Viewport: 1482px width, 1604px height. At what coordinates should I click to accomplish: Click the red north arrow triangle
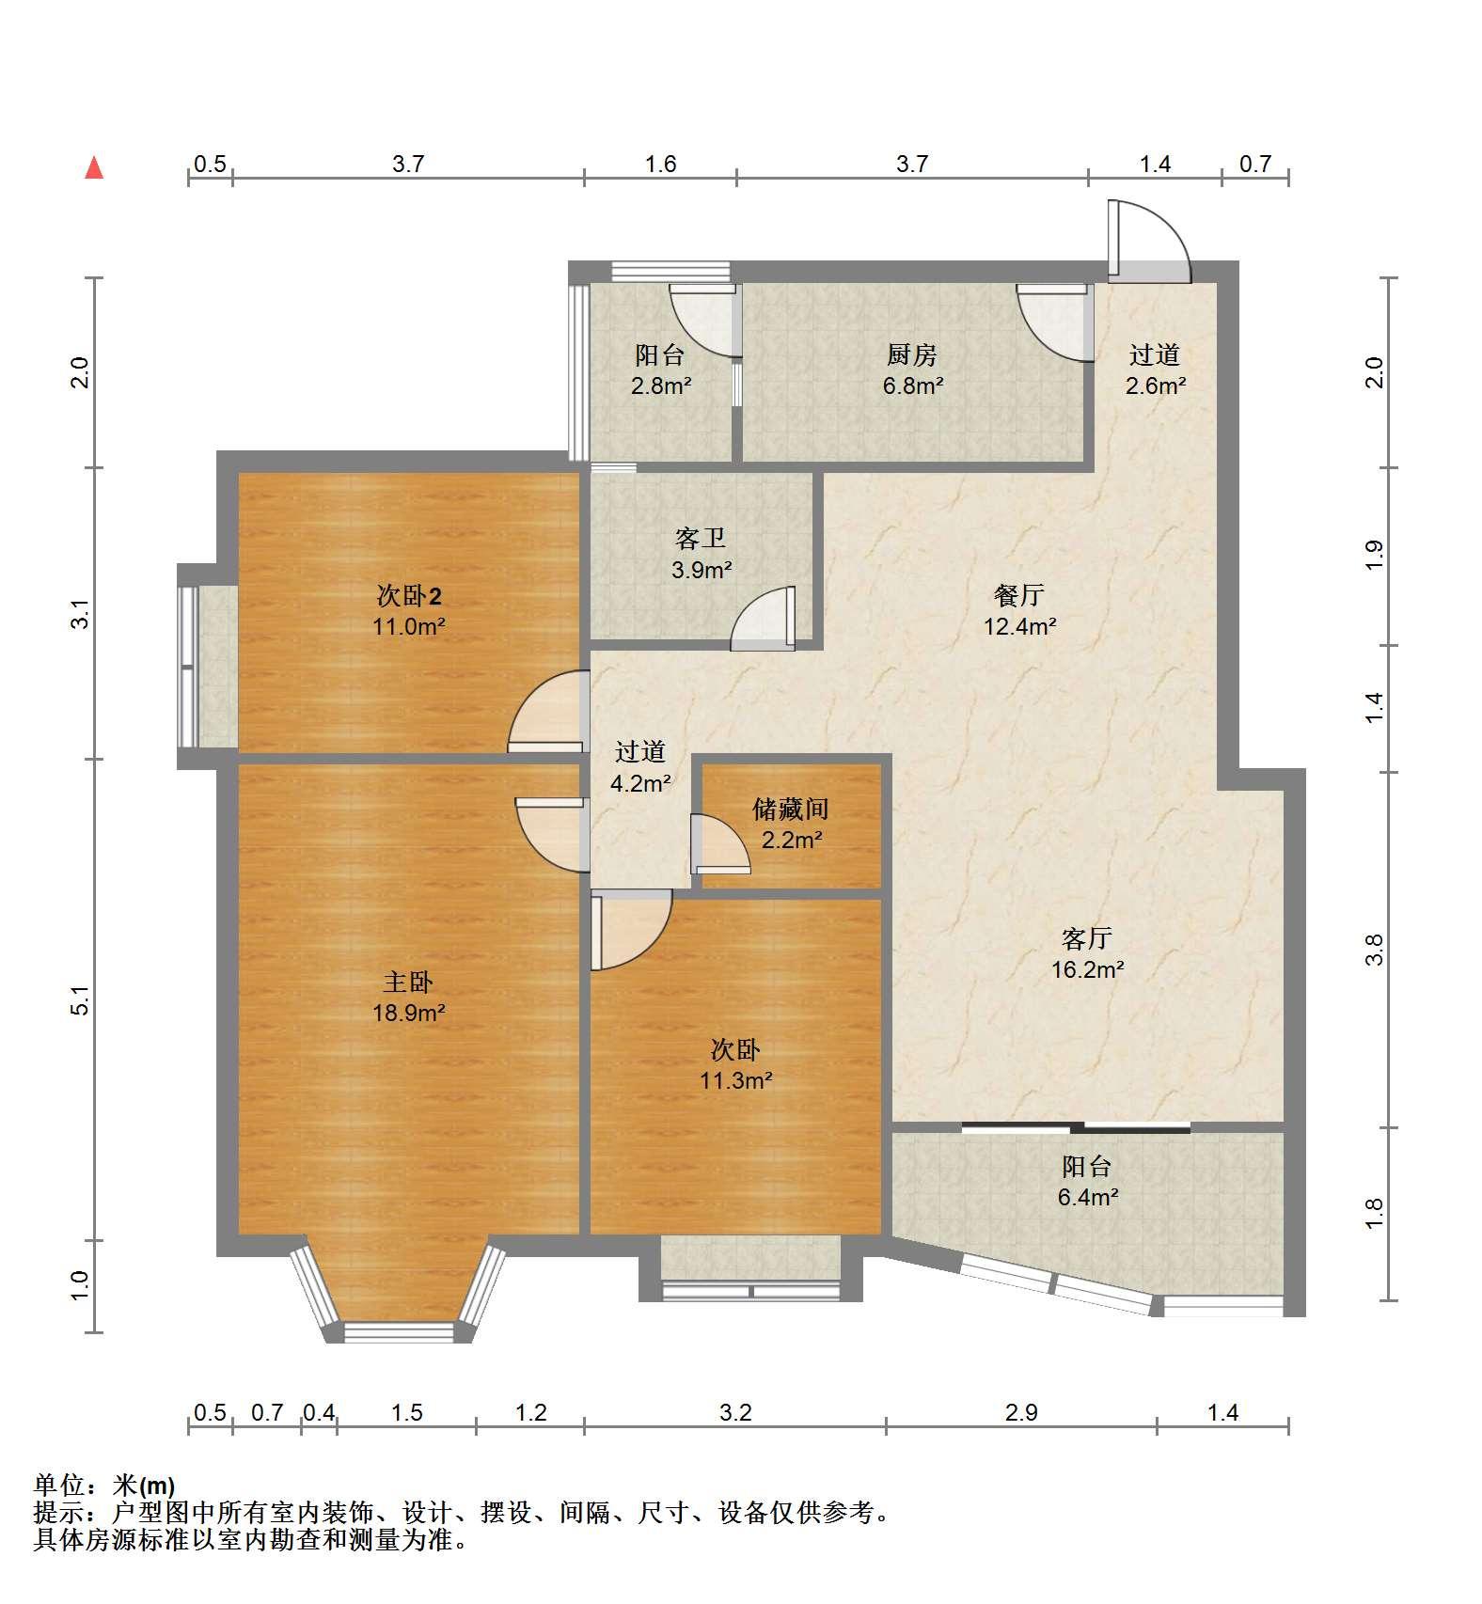coord(94,167)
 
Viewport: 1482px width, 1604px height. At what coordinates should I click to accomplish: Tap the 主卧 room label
coord(407,983)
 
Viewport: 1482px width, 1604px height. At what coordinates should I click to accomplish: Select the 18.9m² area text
coord(408,1013)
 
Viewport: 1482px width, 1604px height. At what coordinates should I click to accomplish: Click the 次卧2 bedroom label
coord(409,595)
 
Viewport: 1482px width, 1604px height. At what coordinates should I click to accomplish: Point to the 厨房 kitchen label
coord(912,354)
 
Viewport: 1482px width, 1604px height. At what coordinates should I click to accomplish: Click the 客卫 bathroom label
coord(701,539)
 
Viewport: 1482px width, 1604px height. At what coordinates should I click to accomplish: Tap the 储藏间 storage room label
coord(790,809)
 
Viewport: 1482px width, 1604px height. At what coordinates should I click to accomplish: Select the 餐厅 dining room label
coord(1019,595)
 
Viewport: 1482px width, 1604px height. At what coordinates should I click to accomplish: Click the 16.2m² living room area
coord(1087,969)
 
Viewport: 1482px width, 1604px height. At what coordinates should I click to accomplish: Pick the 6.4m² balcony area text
coord(1087,1197)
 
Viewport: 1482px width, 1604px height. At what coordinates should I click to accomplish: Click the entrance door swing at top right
coord(1149,241)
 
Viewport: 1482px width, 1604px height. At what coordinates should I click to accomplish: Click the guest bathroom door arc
coord(763,618)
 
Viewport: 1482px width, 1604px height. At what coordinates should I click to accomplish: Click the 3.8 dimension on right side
coord(1375,950)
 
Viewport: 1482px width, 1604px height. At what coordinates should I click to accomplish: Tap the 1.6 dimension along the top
coord(660,164)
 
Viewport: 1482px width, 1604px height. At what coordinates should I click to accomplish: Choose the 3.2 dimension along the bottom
coord(735,1412)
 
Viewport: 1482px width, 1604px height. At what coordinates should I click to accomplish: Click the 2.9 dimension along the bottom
coord(1021,1412)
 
